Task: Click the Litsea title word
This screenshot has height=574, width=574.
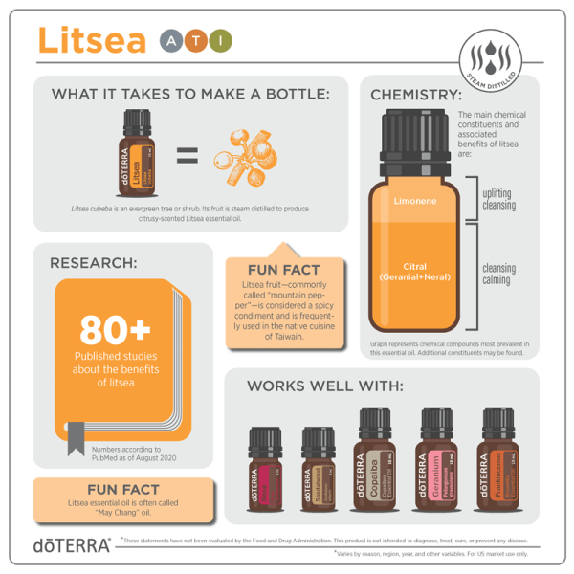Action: tap(91, 40)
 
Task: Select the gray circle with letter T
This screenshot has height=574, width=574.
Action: tap(196, 40)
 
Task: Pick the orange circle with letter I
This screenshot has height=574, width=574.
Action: tap(221, 40)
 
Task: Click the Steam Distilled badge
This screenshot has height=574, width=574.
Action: tap(490, 56)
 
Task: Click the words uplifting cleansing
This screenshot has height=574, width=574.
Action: tap(499, 200)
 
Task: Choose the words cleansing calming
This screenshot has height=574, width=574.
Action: tap(499, 276)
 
